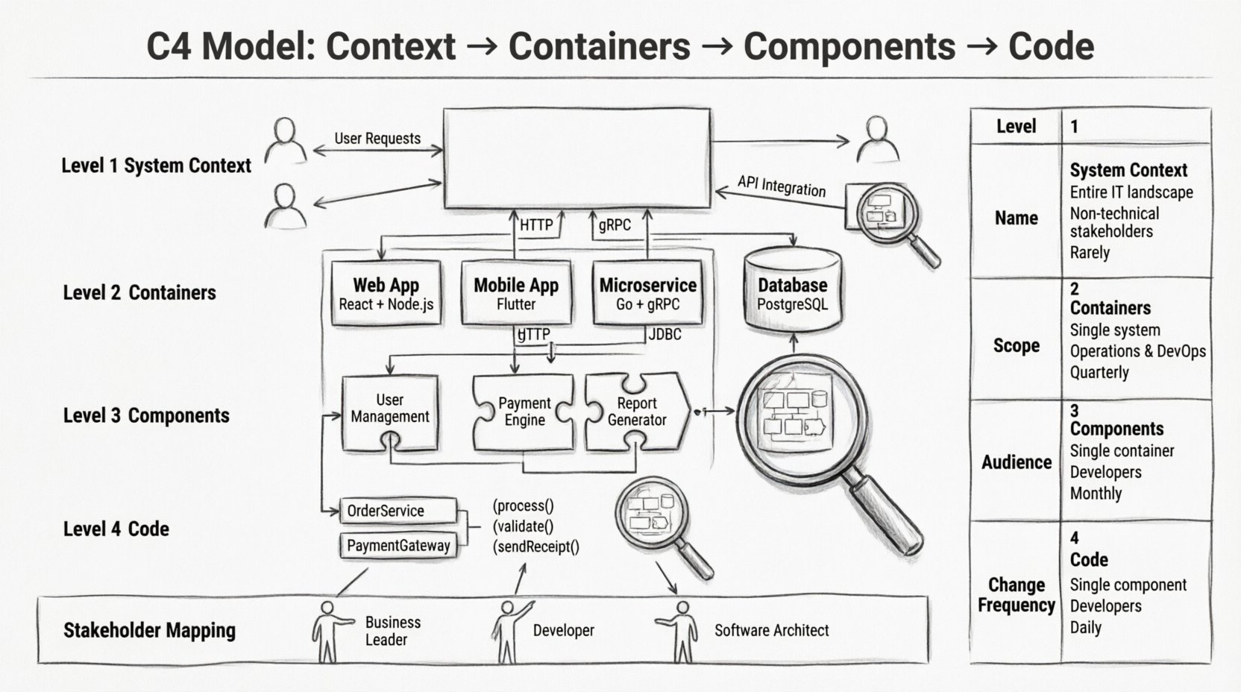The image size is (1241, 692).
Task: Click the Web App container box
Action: pos(386,293)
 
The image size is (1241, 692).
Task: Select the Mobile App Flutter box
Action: pos(516,293)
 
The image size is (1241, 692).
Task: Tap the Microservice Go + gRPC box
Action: pos(647,293)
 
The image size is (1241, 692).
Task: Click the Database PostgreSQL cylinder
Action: pos(792,291)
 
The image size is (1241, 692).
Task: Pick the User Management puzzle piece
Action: pos(389,412)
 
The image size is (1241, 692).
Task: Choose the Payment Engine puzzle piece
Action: pos(524,412)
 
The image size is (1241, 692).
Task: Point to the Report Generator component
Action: pos(636,412)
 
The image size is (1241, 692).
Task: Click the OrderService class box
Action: pos(398,511)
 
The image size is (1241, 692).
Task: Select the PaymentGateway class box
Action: pos(398,545)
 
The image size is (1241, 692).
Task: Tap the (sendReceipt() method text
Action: pos(535,547)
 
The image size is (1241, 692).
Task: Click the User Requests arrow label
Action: pos(377,139)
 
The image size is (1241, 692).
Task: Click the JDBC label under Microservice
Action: pos(665,334)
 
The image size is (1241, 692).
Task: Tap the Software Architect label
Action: pos(771,630)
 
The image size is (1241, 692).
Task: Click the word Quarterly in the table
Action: pos(1099,371)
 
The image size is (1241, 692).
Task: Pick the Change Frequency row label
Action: pos(1016,595)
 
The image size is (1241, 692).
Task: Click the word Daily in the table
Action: pos(1085,627)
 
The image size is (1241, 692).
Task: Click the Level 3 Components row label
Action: pos(146,415)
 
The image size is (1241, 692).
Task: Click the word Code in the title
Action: pos(1051,46)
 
